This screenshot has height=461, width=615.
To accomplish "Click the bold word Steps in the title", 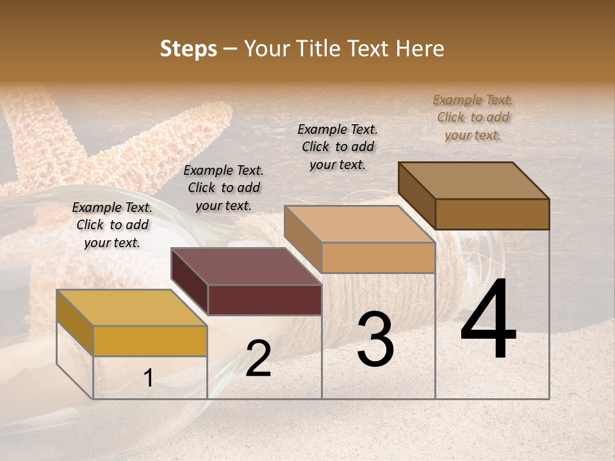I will [x=188, y=49].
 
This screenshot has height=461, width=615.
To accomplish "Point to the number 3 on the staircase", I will [x=375, y=339].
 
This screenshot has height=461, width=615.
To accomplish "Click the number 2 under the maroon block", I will [x=258, y=359].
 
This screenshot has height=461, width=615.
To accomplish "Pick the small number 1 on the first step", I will [x=149, y=378].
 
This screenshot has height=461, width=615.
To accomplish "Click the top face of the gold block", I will [x=132, y=308].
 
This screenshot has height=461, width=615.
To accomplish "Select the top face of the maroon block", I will [x=246, y=266].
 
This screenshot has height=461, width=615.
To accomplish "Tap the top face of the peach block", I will [x=359, y=224].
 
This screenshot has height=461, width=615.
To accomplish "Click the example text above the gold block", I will [x=112, y=225].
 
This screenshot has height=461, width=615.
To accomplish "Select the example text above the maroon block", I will [x=224, y=188].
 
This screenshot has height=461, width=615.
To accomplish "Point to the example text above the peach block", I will [x=338, y=147].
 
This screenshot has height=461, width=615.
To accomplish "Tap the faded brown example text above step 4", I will [x=473, y=117].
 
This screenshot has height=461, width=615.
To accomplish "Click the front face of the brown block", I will [x=492, y=214].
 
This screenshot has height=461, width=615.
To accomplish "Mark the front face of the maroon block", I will [x=265, y=300].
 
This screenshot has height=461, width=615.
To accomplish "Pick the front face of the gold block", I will [x=150, y=341].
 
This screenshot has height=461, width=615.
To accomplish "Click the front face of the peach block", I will [x=378, y=257].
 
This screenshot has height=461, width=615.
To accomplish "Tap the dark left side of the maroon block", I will [x=190, y=282].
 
